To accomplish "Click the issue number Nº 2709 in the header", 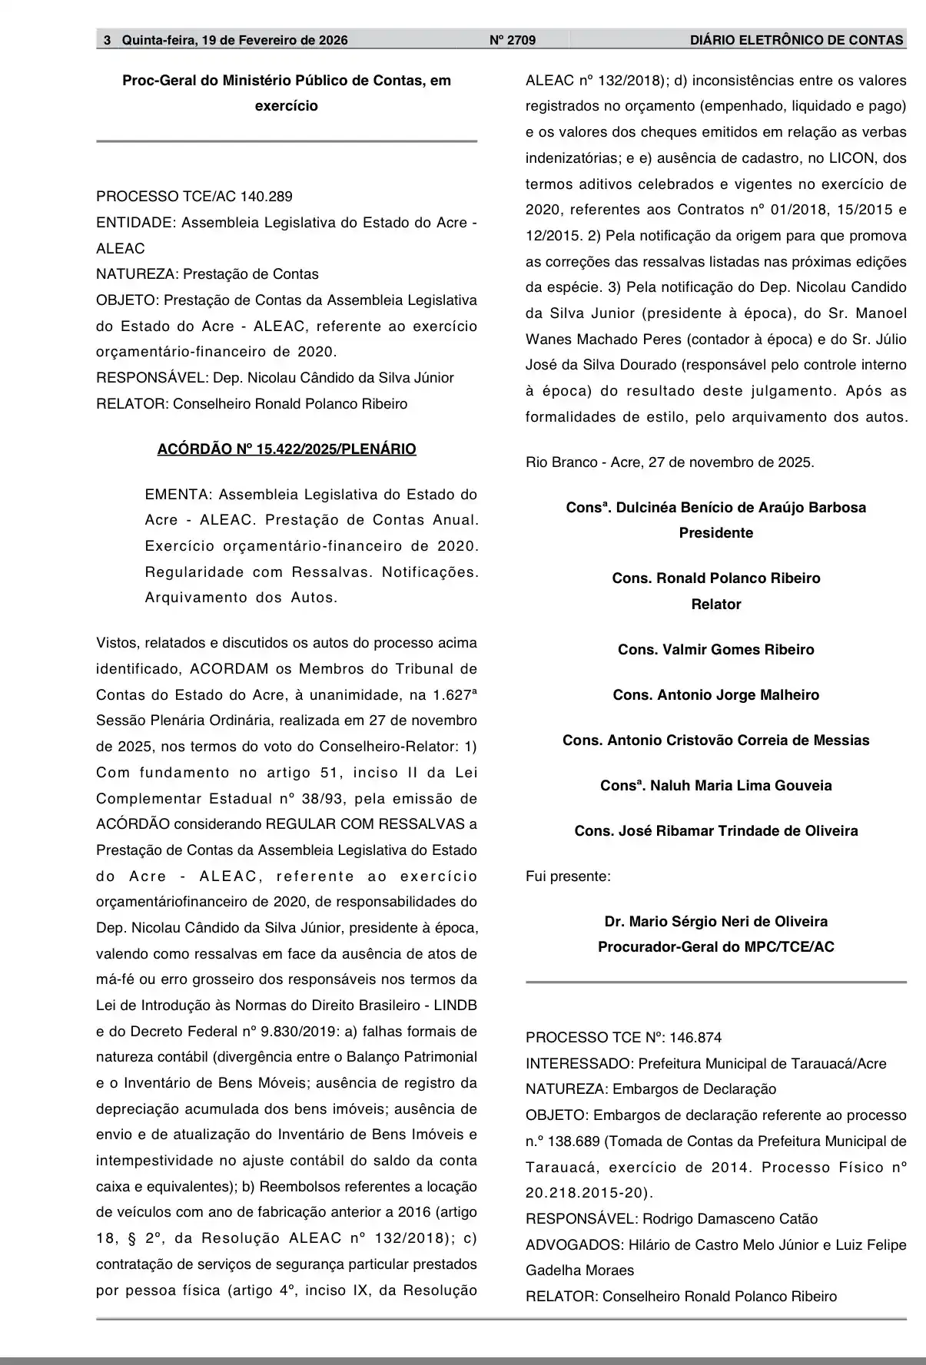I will [513, 40].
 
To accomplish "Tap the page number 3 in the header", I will [108, 40].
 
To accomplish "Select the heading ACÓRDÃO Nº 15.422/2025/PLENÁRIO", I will [287, 449].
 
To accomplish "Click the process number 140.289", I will [266, 197].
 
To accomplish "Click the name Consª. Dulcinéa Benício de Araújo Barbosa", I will [715, 508].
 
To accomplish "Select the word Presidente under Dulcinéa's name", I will [715, 533].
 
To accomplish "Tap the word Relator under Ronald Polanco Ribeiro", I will [715, 605].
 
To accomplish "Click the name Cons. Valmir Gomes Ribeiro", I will [715, 650].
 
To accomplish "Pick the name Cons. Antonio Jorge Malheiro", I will [715, 695].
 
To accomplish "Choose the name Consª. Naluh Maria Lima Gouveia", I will [715, 786].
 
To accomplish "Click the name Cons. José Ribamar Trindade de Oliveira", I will [715, 831].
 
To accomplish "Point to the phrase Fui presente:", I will [568, 876].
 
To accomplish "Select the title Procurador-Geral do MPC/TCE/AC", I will [715, 947].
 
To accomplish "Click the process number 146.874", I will [695, 1039].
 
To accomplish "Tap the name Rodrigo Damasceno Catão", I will [730, 1219].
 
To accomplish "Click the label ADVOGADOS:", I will [574, 1245].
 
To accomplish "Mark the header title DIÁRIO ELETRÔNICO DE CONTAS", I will [796, 40].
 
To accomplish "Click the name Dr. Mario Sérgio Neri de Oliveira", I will [715, 922].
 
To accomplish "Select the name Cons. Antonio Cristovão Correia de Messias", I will [715, 740].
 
